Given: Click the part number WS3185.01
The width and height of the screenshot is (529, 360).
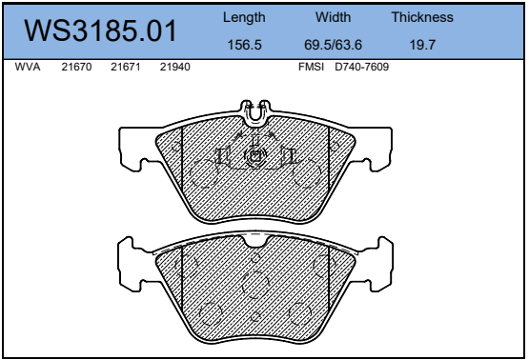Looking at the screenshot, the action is tap(100, 30).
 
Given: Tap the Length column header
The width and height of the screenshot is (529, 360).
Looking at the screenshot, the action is tap(244, 18).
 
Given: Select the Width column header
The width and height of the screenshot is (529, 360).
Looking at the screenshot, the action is tap(333, 17).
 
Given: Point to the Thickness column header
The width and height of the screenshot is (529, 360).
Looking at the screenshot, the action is tap(422, 17).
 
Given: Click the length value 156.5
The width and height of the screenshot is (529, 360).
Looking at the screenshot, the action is tap(245, 45).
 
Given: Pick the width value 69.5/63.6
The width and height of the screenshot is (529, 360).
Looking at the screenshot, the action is tap(333, 45).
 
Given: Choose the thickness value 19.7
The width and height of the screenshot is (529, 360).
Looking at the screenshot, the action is tap(422, 45).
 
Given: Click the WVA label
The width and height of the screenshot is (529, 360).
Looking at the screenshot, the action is tap(28, 67).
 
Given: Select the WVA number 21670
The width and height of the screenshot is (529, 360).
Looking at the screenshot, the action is tap(76, 67).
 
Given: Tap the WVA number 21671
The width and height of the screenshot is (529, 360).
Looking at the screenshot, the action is tap(126, 67).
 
